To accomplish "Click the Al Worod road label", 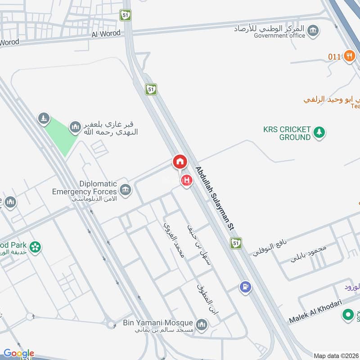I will click(106, 34).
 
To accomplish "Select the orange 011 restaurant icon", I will click(349, 56).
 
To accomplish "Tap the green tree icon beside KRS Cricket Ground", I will click(319, 133).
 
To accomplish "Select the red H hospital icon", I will click(186, 181).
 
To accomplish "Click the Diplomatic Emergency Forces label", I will click(85, 188).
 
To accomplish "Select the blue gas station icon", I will click(245, 286).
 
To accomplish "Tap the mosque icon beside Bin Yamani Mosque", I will click(202, 324).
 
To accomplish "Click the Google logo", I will click(19, 353).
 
